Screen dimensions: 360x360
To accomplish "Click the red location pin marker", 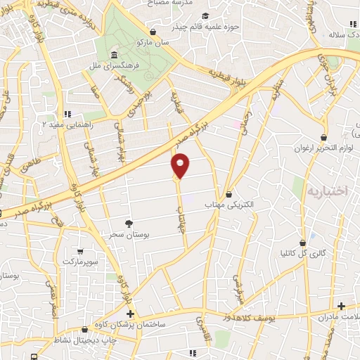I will pyautogui.click(x=181, y=165).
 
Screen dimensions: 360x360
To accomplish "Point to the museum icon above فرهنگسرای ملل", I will pyautogui.click(x=114, y=55).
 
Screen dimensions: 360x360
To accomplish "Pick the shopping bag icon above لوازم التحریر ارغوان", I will pyautogui.click(x=323, y=137).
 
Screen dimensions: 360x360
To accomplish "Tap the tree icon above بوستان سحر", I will pyautogui.click(x=128, y=220).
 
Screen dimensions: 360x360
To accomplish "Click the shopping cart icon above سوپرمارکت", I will pyautogui.click(x=82, y=251).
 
